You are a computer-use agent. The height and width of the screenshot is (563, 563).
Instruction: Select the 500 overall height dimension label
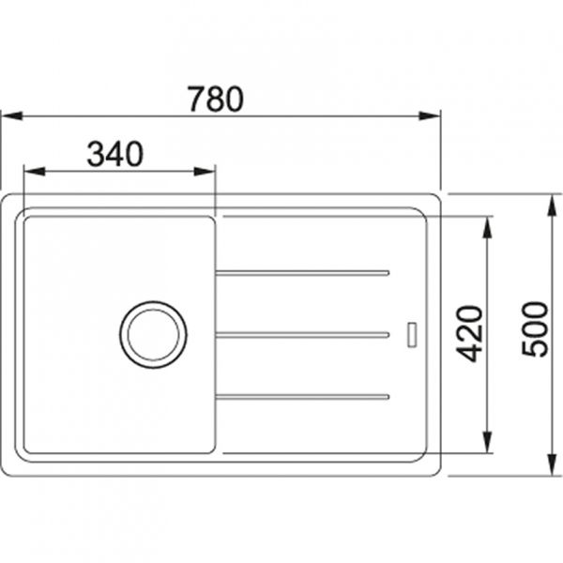(534, 329)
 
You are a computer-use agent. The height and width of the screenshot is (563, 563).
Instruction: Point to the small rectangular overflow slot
(411, 332)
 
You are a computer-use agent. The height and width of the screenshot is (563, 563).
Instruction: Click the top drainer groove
(301, 273)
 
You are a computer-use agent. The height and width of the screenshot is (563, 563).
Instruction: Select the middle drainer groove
(301, 334)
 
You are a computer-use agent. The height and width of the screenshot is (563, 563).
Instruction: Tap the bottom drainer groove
(301, 395)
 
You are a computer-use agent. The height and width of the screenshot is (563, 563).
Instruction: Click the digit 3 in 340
(96, 154)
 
